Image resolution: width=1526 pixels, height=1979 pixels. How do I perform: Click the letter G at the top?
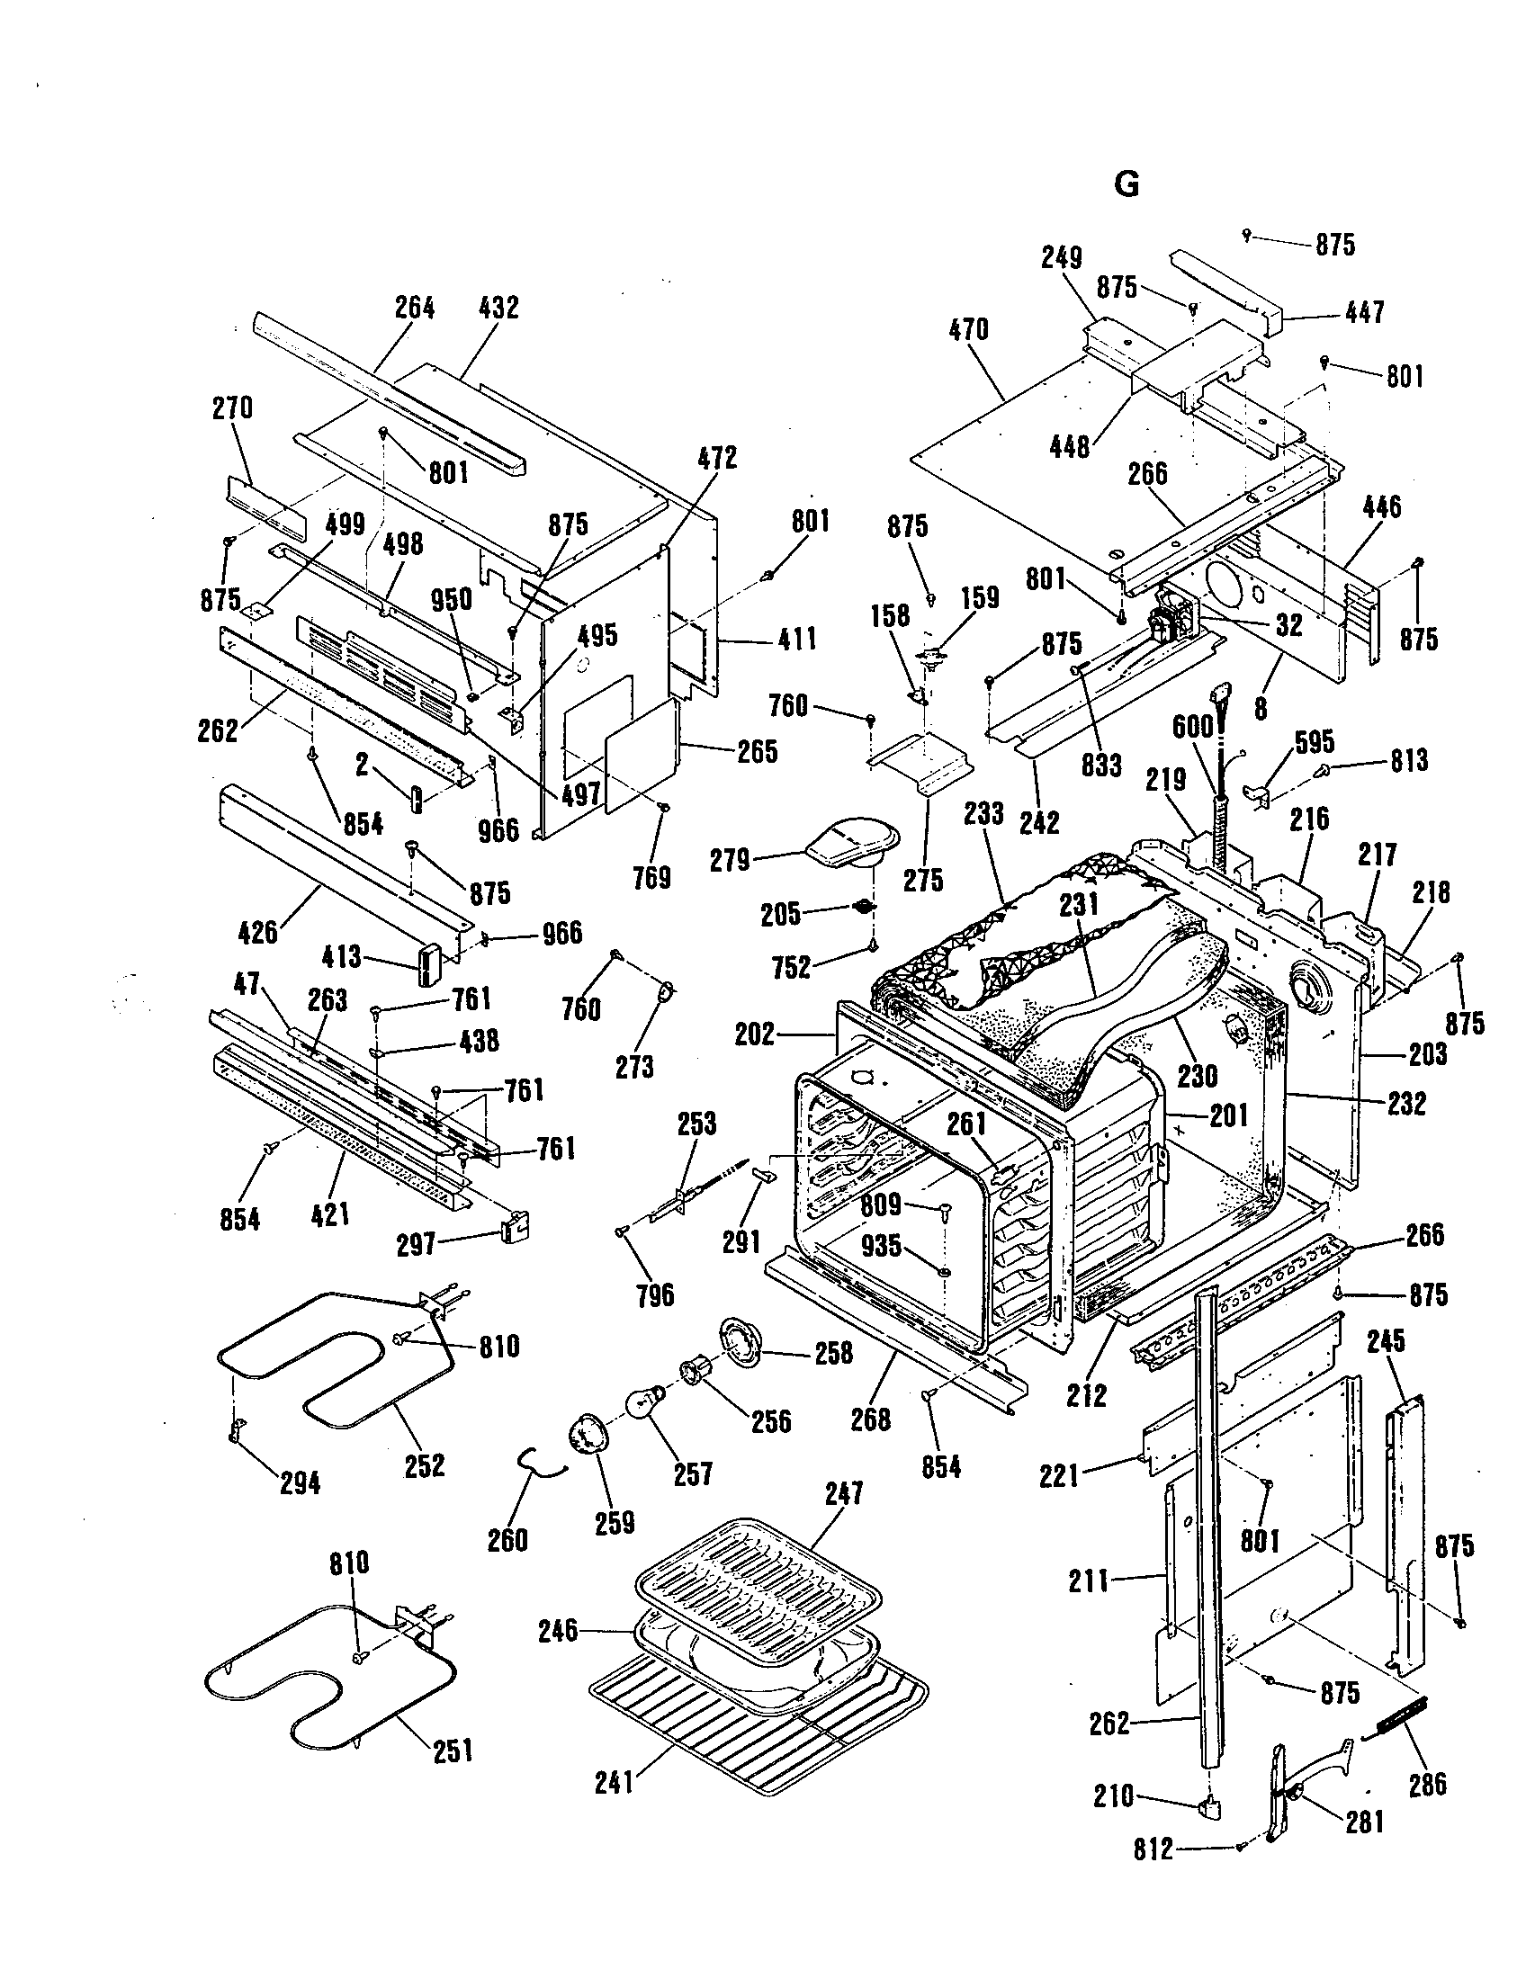coord(1127,184)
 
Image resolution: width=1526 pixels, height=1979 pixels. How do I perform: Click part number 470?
coord(969,329)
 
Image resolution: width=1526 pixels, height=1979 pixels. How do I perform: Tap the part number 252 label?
coord(424,1465)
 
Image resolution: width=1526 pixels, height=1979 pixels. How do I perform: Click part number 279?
coord(731,860)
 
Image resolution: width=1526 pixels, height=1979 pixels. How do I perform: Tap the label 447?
coord(1365,313)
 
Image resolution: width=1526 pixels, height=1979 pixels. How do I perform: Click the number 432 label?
coord(498,308)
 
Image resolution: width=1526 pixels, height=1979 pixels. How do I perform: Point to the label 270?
coord(233,408)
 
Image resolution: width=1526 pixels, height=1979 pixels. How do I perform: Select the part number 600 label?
coord(1192,728)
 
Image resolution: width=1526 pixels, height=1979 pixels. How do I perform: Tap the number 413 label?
coord(342,957)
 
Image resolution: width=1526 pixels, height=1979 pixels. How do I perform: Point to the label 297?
coord(417,1245)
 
